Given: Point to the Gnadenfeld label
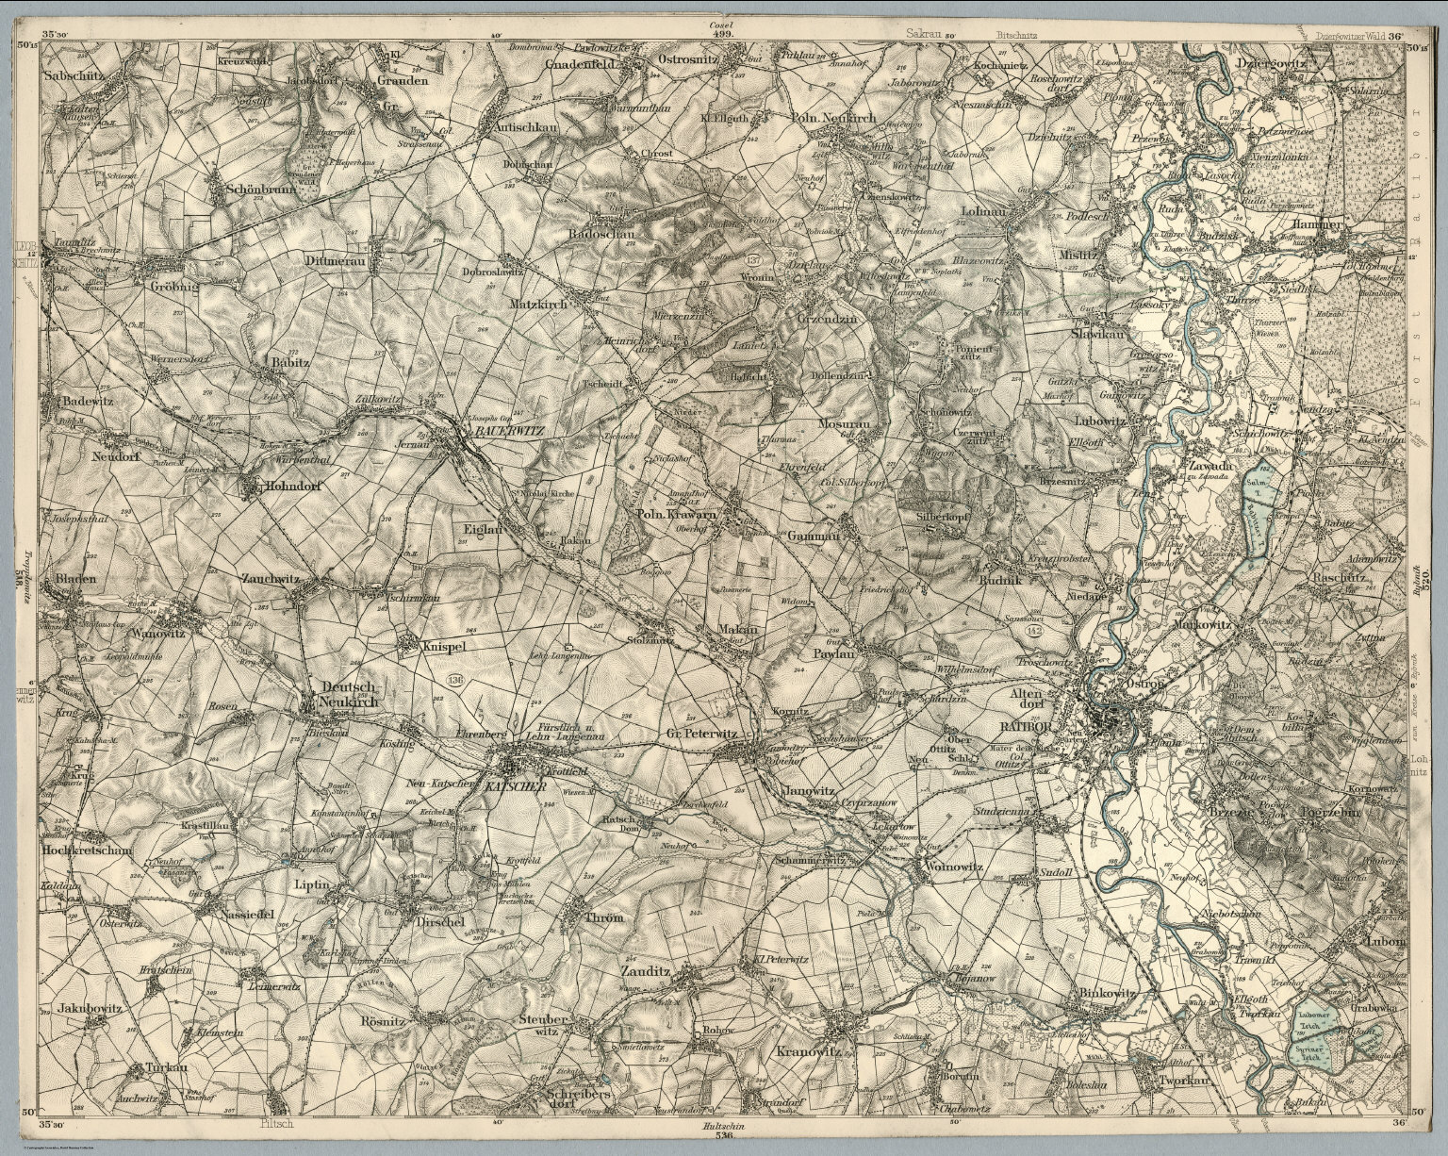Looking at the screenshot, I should click(582, 65).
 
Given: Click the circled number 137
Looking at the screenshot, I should click(752, 258).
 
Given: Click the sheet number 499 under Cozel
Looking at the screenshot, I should click(723, 32).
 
